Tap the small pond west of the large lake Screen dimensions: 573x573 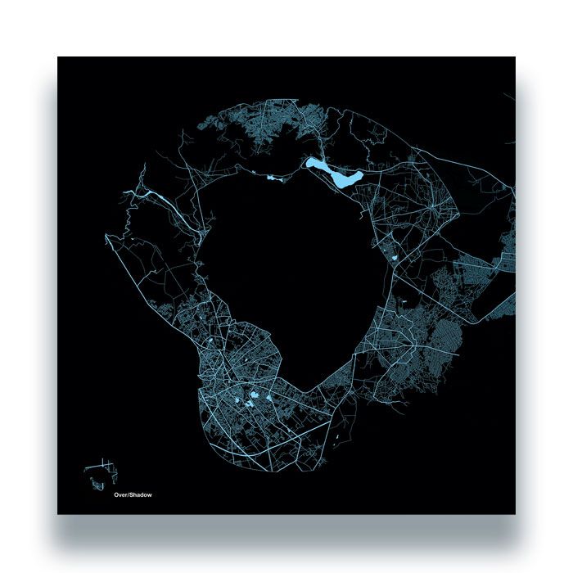271,175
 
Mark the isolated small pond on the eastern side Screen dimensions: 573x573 394,259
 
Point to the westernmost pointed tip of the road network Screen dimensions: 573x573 106,237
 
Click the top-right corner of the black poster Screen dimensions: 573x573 515,57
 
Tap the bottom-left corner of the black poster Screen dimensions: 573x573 58,513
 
